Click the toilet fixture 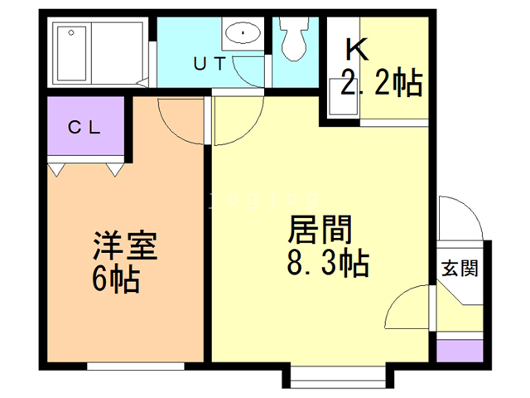294,39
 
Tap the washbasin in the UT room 243,33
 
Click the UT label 210,64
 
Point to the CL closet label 84,128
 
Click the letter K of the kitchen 357,50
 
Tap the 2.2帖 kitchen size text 382,82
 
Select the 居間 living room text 320,230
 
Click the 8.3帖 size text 328,263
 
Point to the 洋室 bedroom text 125,245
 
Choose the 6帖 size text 116,279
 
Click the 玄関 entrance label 460,269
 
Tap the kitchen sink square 344,96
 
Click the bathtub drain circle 71,33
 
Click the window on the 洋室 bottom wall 136,366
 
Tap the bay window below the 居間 338,377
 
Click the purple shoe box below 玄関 460,351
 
